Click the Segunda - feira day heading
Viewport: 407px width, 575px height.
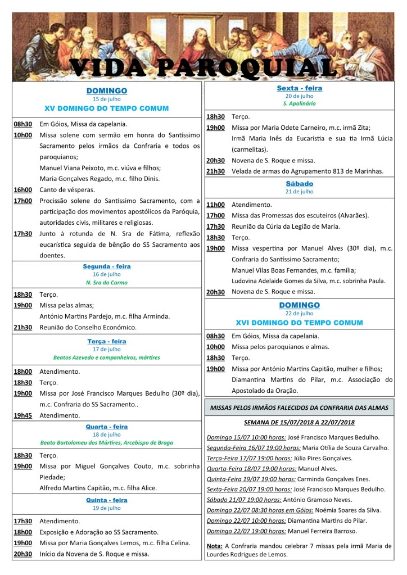[107, 266]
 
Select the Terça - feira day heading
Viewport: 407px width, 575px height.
[107, 341]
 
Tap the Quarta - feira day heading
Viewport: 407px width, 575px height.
[107, 427]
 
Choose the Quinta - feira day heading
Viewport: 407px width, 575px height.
[107, 500]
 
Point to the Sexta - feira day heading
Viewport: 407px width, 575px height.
[299, 88]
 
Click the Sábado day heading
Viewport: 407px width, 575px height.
[299, 184]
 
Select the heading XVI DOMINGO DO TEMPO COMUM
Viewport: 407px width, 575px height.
[299, 323]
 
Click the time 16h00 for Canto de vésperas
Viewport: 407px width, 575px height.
[23, 191]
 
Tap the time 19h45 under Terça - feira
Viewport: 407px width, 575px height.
[23, 415]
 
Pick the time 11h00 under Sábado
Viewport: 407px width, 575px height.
[215, 205]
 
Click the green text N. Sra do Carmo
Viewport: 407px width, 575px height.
[107, 282]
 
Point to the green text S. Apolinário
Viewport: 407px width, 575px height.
[299, 104]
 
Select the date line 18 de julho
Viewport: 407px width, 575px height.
[107, 434]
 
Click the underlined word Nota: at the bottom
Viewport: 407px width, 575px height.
[214, 546]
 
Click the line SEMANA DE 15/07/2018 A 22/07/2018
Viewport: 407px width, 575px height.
[299, 422]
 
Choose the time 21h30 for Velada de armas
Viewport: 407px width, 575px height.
[215, 171]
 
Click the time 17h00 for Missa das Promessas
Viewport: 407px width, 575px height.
[215, 215]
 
